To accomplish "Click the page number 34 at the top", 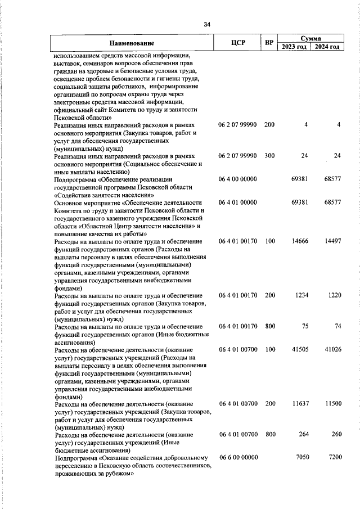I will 206,24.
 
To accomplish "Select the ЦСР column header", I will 237,43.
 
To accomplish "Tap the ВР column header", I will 269,43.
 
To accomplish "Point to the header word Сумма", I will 310,38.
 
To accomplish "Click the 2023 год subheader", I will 294,47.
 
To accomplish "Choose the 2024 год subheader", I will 327,47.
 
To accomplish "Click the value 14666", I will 303,241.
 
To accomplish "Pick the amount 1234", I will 304,295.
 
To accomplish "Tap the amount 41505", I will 303,349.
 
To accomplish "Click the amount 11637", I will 303,404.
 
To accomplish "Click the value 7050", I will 304,458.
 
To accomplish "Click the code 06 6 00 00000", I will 238,458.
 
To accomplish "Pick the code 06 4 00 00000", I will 238,179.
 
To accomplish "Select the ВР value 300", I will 269,155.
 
